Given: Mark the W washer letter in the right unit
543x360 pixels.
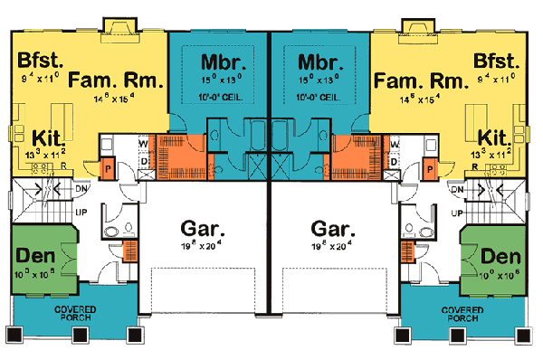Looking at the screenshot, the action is (x=395, y=142).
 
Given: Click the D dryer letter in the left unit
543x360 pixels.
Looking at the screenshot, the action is (x=143, y=162).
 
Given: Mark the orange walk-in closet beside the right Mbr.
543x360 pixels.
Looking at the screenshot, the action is (x=349, y=152).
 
